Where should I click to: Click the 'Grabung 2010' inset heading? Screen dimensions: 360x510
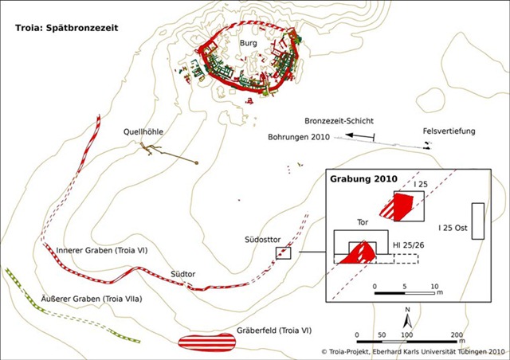[363, 179]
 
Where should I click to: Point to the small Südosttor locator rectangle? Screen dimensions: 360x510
[283, 253]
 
